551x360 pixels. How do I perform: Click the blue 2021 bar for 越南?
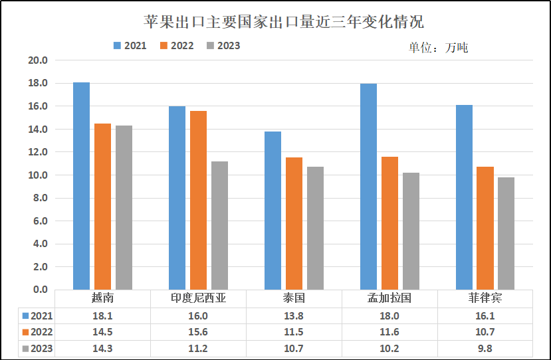[x=81, y=186]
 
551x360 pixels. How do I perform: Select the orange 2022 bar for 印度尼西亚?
[x=198, y=200]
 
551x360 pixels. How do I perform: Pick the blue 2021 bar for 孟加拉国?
[x=368, y=187]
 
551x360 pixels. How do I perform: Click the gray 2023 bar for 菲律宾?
[x=506, y=233]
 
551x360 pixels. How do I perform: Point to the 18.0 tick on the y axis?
[x=39, y=83]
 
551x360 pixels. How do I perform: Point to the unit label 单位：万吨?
[x=438, y=48]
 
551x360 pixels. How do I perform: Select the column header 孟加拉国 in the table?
[x=389, y=298]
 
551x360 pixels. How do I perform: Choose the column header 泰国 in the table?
[x=294, y=298]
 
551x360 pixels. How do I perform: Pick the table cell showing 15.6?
[x=198, y=332]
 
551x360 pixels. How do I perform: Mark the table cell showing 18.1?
[x=102, y=315]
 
